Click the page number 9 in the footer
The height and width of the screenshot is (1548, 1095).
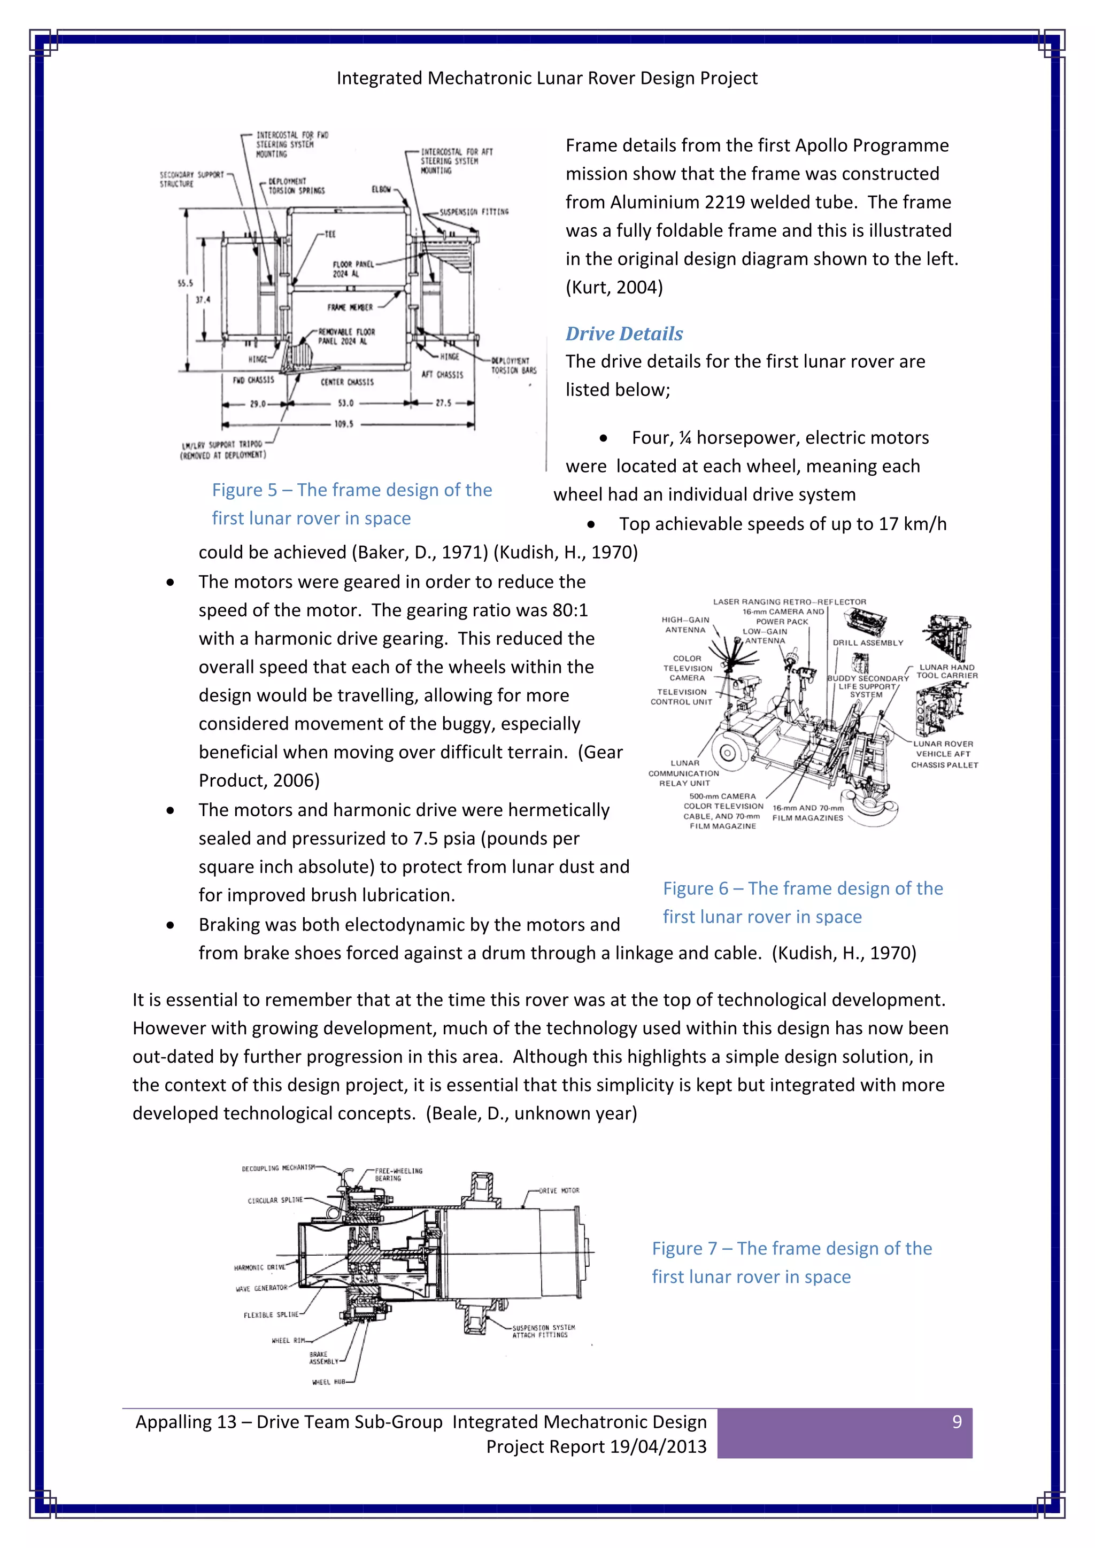click(956, 1422)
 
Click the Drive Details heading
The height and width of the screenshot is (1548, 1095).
click(624, 334)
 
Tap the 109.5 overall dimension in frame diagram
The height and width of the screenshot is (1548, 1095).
click(344, 424)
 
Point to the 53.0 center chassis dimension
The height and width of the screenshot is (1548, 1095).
click(345, 403)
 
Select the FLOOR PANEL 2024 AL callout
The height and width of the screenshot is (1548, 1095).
click(351, 269)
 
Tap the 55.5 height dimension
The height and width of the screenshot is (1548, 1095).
click(185, 283)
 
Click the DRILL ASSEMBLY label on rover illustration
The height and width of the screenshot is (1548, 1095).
click(867, 643)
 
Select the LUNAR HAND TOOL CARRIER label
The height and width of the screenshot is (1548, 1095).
click(947, 671)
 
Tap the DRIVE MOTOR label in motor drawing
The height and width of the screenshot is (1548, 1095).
click(558, 1190)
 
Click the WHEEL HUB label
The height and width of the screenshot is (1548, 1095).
click(328, 1381)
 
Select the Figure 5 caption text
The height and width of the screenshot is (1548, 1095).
click(351, 504)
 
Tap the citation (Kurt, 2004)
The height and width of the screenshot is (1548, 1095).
click(614, 287)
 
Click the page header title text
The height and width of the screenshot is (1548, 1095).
click(547, 78)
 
